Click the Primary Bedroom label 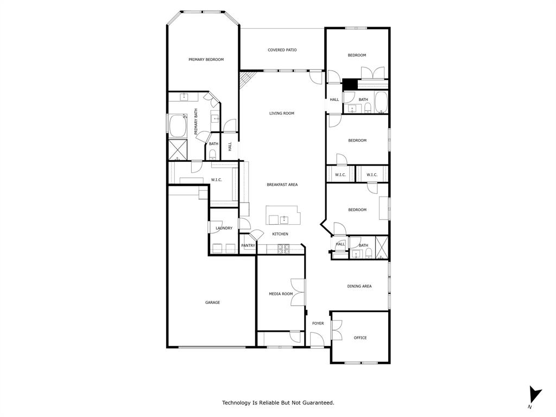[206, 60]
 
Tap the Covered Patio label [282, 50]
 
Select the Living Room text [282, 113]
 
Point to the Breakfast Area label [282, 185]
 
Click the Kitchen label [280, 234]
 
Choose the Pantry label [248, 245]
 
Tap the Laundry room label [224, 228]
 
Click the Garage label [212, 302]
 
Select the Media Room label [281, 294]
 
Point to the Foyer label [318, 324]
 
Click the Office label [360, 338]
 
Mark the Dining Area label [359, 286]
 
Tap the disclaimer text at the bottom [278, 402]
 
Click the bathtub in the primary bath [178, 127]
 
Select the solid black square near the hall [349, 85]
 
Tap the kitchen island [282, 215]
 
